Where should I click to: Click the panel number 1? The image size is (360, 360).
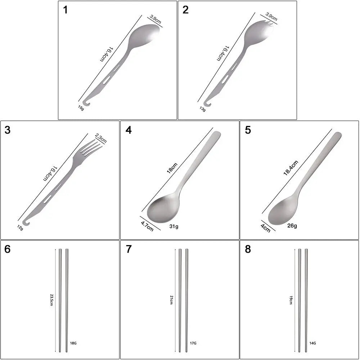pos(65,10)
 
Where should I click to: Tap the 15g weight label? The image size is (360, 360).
pos(81,108)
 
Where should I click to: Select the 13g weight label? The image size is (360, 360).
pos(203,108)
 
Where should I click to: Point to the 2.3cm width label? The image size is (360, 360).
pos(101,138)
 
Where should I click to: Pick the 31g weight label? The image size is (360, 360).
pos(174,226)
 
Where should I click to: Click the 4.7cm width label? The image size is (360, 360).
pos(147,226)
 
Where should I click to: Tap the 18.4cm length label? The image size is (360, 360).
pos(291,168)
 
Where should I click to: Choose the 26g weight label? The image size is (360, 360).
pos(292,226)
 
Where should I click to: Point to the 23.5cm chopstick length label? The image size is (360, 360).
pos(51,300)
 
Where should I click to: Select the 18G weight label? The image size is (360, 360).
pos(73,343)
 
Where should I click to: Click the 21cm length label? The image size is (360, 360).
pos(171,300)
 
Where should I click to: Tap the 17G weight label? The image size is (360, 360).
pos(193,343)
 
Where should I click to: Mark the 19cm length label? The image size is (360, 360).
pos(291,300)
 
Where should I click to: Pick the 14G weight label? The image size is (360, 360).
pos(312,343)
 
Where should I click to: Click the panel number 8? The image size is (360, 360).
pos(248,249)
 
